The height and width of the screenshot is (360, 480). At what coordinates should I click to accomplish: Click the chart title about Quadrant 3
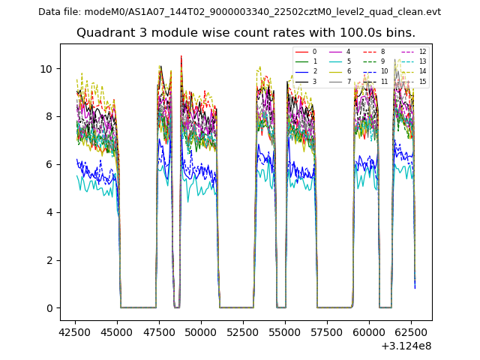click(246, 33)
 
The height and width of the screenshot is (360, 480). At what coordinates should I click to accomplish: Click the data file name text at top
click(239, 12)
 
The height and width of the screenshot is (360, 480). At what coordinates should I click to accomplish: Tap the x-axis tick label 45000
click(116, 331)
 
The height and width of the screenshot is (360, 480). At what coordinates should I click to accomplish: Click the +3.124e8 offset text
click(406, 346)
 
